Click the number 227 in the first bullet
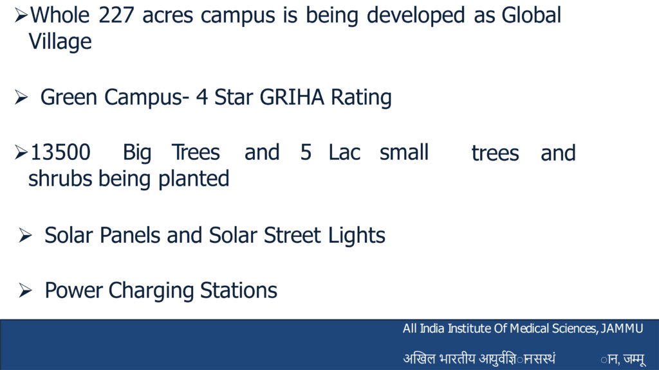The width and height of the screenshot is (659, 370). (x=116, y=15)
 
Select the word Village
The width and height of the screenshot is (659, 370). (x=60, y=42)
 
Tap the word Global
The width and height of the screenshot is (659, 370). (x=531, y=15)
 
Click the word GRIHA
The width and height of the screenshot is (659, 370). (x=292, y=98)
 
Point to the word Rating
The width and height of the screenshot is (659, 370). (x=361, y=98)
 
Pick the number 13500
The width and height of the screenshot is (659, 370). (x=60, y=152)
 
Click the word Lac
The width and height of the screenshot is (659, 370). (x=344, y=152)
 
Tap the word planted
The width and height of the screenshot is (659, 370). (x=194, y=180)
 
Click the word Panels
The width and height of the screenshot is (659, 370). (x=130, y=235)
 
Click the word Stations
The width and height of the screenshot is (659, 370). (x=239, y=290)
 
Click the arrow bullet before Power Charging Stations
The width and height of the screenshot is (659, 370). (x=25, y=290)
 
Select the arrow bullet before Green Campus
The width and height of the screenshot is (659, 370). (x=21, y=98)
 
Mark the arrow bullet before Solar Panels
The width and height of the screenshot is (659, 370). (x=25, y=235)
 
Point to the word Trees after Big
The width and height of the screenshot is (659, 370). (x=196, y=152)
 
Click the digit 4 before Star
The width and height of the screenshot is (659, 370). (x=202, y=98)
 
